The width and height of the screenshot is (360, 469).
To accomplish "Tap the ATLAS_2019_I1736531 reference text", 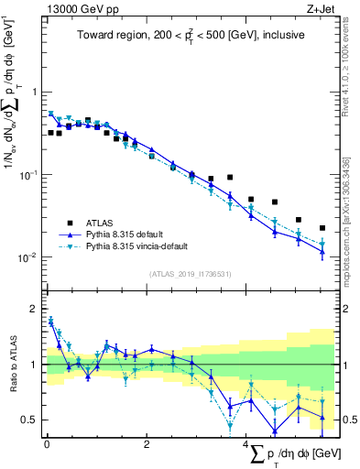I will coord(191,274).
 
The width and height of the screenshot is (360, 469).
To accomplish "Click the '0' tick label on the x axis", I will coord(47,443).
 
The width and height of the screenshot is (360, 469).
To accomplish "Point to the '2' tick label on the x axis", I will coord(147,443).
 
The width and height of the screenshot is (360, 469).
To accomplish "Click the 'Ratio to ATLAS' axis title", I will coord(12,365).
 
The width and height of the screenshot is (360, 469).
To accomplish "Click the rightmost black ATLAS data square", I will coord(322,228).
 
